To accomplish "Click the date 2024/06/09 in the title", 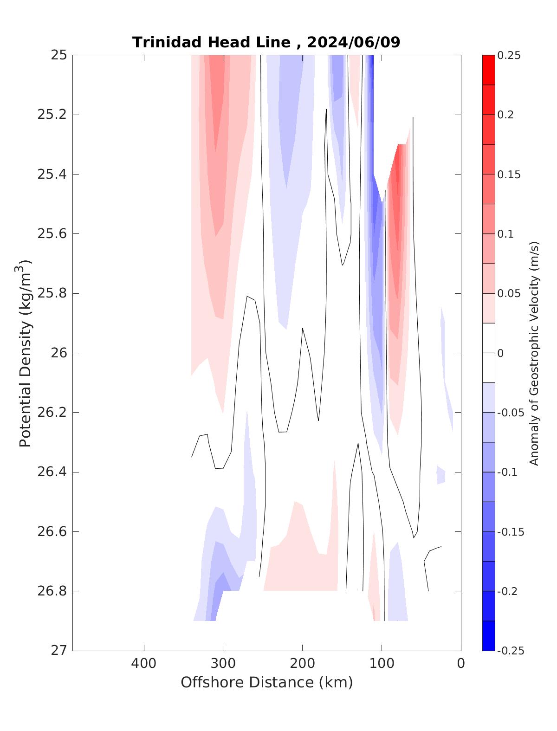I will [353, 42].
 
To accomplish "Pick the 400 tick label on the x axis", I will [144, 664].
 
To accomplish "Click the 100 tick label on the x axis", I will [382, 664].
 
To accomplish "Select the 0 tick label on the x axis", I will [461, 664].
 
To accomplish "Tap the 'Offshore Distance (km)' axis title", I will [266, 683].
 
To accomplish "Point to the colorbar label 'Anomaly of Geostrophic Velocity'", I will [534, 353].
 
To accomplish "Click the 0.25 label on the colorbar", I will [509, 56].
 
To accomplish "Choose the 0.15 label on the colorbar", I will [509, 175].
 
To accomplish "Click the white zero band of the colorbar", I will [488, 353].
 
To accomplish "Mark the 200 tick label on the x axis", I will [302, 664].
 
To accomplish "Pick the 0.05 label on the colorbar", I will [509, 294].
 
